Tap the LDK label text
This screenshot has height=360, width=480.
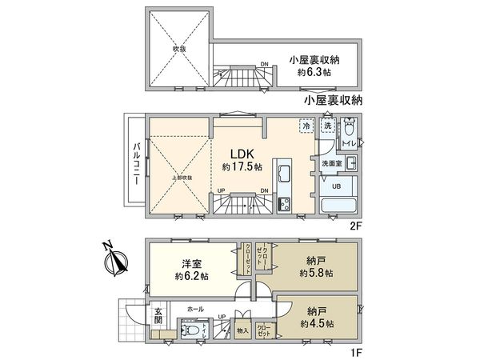242,154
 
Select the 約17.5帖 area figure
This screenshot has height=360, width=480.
242,168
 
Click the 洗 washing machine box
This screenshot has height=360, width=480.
327,126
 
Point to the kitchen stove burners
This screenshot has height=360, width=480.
285,205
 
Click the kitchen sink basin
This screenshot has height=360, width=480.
285,173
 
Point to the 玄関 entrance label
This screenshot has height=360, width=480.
158,317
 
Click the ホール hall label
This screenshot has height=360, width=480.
194,307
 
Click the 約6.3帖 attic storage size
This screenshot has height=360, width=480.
314,71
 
